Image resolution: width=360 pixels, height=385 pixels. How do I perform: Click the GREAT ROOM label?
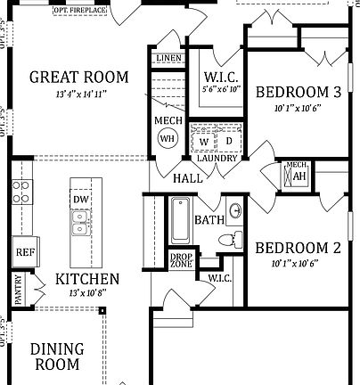pyautogui.click(x=78, y=77)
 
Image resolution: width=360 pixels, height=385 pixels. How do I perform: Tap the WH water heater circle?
pyautogui.click(x=167, y=139)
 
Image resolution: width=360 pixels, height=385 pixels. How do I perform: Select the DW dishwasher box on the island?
pyautogui.click(x=80, y=200)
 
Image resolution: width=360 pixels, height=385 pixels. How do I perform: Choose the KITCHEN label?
pyautogui.click(x=86, y=279)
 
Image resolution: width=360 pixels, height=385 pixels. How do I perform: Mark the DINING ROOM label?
pyautogui.click(x=57, y=356)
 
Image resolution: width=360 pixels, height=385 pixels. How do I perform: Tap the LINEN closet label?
pyautogui.click(x=168, y=58)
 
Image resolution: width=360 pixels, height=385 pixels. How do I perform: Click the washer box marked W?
pyautogui.click(x=204, y=142)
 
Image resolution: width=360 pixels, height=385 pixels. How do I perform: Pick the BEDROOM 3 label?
pyautogui.click(x=298, y=92)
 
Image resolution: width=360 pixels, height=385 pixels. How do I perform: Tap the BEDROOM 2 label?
pyautogui.click(x=298, y=249)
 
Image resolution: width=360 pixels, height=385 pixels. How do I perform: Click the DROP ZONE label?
pyautogui.click(x=181, y=261)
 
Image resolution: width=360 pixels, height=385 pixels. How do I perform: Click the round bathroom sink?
pyautogui.click(x=236, y=211)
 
